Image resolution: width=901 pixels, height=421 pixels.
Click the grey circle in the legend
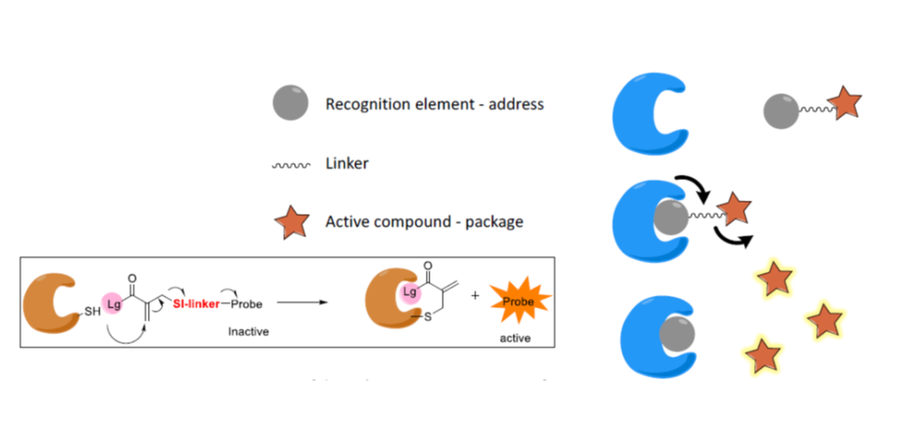click(290, 103)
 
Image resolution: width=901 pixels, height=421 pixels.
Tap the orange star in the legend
click(290, 222)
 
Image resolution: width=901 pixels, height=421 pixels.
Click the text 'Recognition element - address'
click(434, 104)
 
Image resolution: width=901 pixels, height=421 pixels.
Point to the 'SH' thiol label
click(93, 311)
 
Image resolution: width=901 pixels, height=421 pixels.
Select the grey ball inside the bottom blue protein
click(676, 334)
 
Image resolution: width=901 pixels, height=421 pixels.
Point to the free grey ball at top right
click(780, 112)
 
